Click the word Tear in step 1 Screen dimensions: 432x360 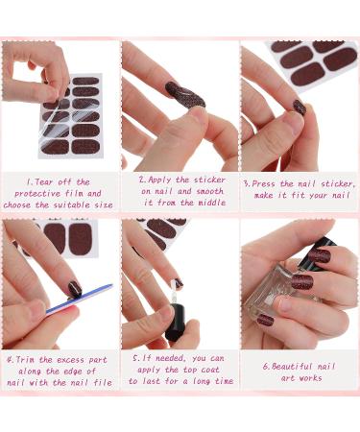tap(41, 181)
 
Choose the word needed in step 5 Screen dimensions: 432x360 tap(171, 361)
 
